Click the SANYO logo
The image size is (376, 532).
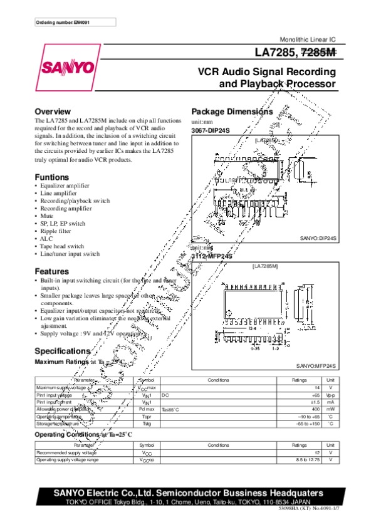point(67,66)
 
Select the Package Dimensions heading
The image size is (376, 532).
point(232,112)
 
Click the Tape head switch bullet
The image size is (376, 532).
point(62,246)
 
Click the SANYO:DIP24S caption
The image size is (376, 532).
point(318,239)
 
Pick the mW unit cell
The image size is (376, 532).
point(330,409)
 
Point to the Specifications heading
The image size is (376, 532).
point(63,351)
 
